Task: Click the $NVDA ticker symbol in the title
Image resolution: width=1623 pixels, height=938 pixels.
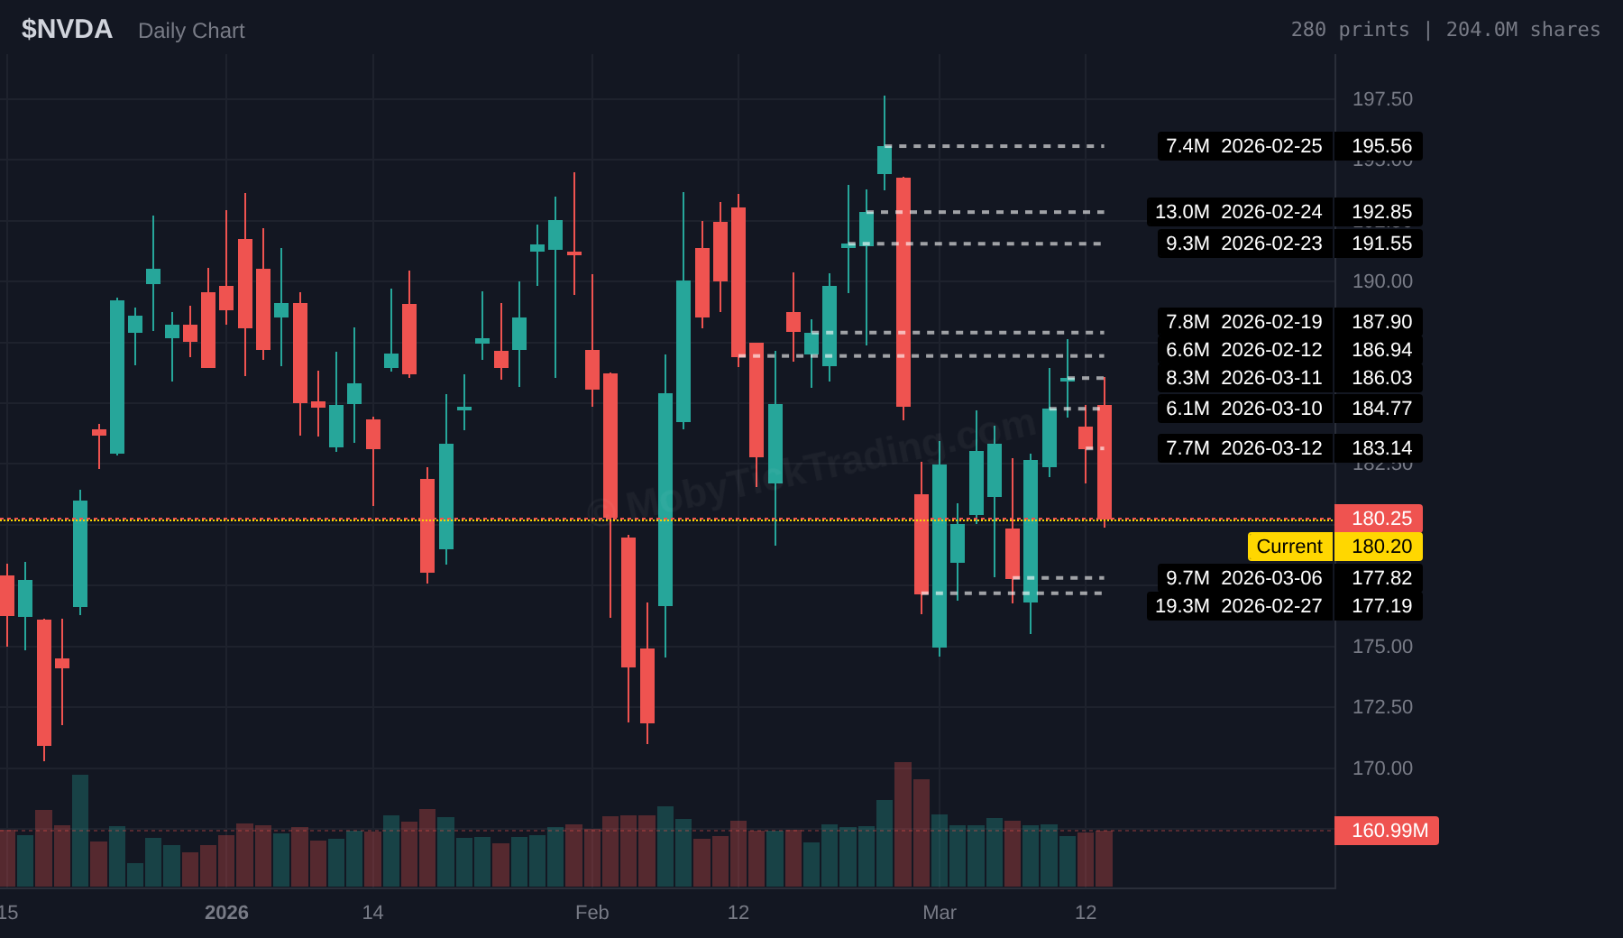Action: (x=67, y=30)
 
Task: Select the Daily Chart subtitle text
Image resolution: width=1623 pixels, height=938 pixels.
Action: (x=191, y=31)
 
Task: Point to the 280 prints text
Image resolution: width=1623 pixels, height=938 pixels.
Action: (x=1349, y=30)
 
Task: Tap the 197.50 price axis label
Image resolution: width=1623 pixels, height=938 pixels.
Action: (x=1381, y=99)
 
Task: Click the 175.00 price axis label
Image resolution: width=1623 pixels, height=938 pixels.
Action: (x=1381, y=647)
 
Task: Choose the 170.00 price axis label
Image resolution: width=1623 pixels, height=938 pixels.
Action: (x=1381, y=768)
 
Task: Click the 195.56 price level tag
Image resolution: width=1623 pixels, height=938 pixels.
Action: (x=1380, y=146)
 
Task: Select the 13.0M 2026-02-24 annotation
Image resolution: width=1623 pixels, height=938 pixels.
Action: (x=1239, y=212)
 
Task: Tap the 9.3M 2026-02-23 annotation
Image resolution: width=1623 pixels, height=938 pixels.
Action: (x=1243, y=244)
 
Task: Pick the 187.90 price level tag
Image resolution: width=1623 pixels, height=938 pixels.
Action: (x=1380, y=322)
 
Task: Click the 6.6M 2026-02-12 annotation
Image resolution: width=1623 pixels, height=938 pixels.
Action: (x=1243, y=350)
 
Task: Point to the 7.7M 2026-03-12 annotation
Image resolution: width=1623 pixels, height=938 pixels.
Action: (x=1243, y=448)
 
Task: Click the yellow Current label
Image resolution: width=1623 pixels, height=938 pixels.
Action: (x=1288, y=547)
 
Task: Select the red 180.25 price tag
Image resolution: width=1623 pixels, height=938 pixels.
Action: (x=1380, y=519)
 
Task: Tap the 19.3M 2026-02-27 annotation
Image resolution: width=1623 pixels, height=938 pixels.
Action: (x=1239, y=606)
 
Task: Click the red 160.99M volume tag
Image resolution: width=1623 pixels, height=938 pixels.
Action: (x=1388, y=831)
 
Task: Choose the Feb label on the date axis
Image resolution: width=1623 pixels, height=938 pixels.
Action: (x=591, y=913)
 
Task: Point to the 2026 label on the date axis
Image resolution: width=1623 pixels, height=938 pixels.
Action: (x=226, y=913)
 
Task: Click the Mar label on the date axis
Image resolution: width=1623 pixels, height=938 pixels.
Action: (x=939, y=913)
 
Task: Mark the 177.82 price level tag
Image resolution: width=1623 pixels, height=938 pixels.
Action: (x=1380, y=578)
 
